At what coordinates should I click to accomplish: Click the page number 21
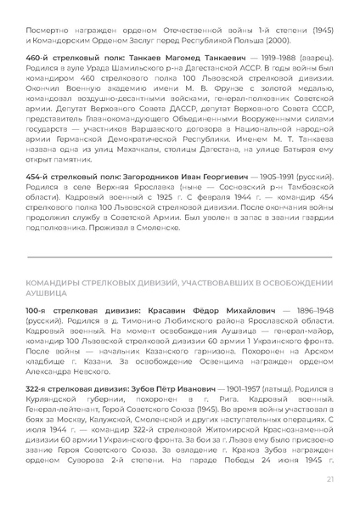click(x=329, y=480)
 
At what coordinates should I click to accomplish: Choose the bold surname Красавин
click(x=167, y=312)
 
